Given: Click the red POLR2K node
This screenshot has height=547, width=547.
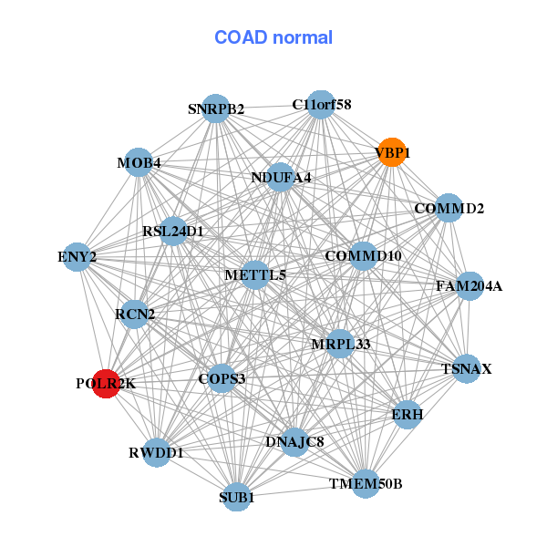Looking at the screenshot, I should click(x=106, y=384).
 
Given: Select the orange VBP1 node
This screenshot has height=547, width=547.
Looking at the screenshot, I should click(x=391, y=153).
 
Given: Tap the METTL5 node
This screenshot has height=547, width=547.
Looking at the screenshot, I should click(x=255, y=274).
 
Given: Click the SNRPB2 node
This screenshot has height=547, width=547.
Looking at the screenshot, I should click(x=215, y=108).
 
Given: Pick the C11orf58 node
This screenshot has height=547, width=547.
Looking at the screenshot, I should click(x=320, y=105).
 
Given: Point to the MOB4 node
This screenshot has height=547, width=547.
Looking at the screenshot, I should click(x=138, y=163).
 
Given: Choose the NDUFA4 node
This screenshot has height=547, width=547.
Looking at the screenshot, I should click(x=281, y=177).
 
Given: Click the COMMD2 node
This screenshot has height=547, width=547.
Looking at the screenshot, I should click(x=449, y=209).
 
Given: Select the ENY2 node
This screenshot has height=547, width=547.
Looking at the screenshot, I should click(x=77, y=257).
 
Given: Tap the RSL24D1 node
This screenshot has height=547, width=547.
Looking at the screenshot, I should click(x=173, y=231).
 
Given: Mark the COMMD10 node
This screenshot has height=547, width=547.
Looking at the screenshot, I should click(x=363, y=256).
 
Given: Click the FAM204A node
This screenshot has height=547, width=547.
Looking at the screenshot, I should click(x=469, y=286).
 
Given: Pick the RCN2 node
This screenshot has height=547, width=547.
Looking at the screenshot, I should click(x=135, y=315).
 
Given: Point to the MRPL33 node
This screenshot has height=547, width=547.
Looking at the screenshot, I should click(x=340, y=344).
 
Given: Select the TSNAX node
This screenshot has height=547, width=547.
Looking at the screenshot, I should click(x=466, y=369).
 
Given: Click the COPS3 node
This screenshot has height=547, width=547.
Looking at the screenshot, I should click(x=222, y=377).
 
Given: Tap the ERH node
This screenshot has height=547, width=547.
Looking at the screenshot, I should click(x=407, y=414).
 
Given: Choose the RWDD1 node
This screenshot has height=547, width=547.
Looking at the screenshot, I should click(x=156, y=452).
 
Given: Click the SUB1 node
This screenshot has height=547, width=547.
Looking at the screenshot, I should click(x=236, y=497).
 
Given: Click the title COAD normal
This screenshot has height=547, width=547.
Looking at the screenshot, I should click(x=273, y=37).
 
